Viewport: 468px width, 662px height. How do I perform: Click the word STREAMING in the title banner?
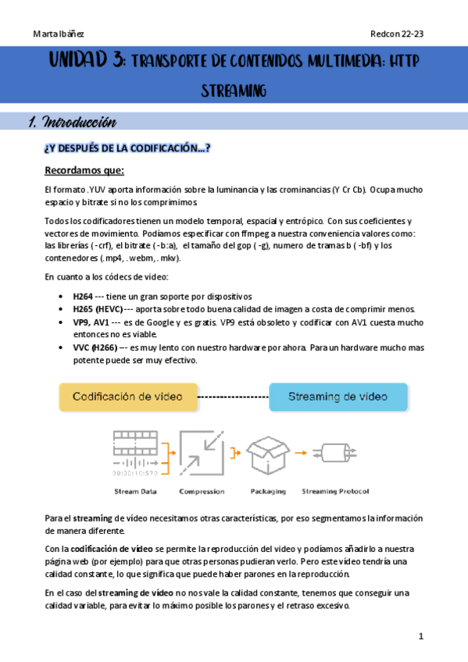pyautogui.click(x=234, y=91)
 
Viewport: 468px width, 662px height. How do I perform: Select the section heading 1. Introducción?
pyautogui.click(x=72, y=122)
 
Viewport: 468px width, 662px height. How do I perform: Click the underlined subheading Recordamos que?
pyautogui.click(x=84, y=171)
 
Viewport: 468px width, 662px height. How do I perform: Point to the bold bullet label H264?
pyautogui.click(x=82, y=296)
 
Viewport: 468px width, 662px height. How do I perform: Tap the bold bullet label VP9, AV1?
pyautogui.click(x=91, y=322)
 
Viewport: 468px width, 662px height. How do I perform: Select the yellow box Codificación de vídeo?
pyautogui.click(x=127, y=397)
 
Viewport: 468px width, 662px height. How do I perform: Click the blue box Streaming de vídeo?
pyautogui.click(x=338, y=397)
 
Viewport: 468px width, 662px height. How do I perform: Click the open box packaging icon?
pyautogui.click(x=268, y=450)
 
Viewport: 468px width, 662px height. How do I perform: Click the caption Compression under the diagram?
pyautogui.click(x=202, y=491)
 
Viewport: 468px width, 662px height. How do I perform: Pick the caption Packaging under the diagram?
pyautogui.click(x=268, y=491)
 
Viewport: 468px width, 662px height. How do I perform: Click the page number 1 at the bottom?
pyautogui.click(x=420, y=636)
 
